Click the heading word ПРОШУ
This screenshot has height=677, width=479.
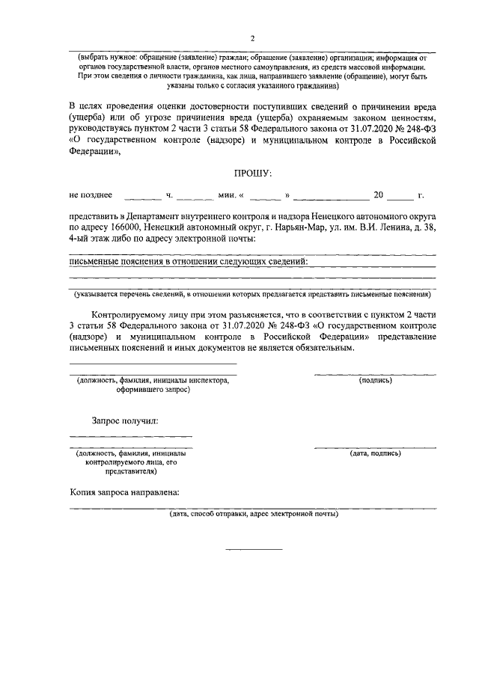click(252, 173)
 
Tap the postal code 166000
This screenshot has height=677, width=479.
click(124, 227)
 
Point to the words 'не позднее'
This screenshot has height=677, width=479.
click(91, 195)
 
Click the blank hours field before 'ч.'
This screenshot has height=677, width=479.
click(143, 196)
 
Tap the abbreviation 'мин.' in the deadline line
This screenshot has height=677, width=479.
click(227, 196)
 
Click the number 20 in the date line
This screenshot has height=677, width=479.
click(378, 195)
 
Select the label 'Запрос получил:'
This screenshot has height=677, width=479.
click(124, 421)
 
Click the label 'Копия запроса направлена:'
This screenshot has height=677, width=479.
click(124, 493)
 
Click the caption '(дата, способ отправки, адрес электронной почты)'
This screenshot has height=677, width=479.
click(253, 514)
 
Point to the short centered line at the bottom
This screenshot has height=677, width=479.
click(254, 550)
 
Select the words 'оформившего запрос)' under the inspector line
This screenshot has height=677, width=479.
click(153, 390)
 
